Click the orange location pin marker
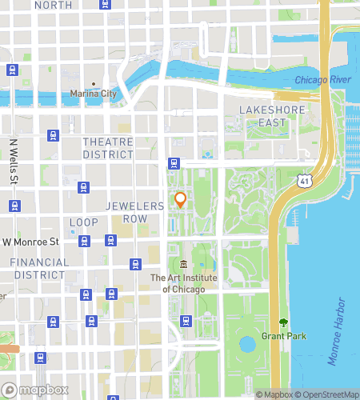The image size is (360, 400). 180,200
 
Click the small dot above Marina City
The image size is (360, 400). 94,84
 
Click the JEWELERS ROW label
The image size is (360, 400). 135,212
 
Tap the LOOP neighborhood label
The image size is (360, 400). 83,222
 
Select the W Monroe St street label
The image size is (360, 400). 31,241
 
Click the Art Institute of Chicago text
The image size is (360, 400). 183,283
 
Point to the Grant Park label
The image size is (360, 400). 274,334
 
